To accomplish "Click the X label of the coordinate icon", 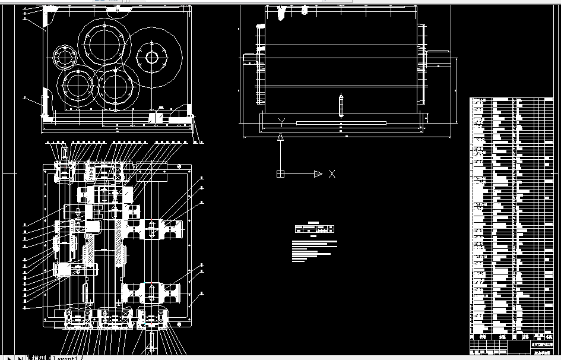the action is [x=332, y=174].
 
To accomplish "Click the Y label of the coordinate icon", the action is [x=282, y=122].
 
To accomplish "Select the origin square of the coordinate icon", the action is [x=281, y=174].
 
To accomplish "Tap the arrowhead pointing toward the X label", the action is [x=318, y=174].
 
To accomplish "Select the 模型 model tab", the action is [x=39, y=358].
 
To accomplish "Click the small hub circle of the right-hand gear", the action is [x=152, y=58].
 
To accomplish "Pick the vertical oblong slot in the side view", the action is [x=341, y=106].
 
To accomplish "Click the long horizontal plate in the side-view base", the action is [x=341, y=123].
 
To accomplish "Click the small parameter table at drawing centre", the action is [x=314, y=229].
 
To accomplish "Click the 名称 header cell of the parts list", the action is [x=502, y=337].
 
